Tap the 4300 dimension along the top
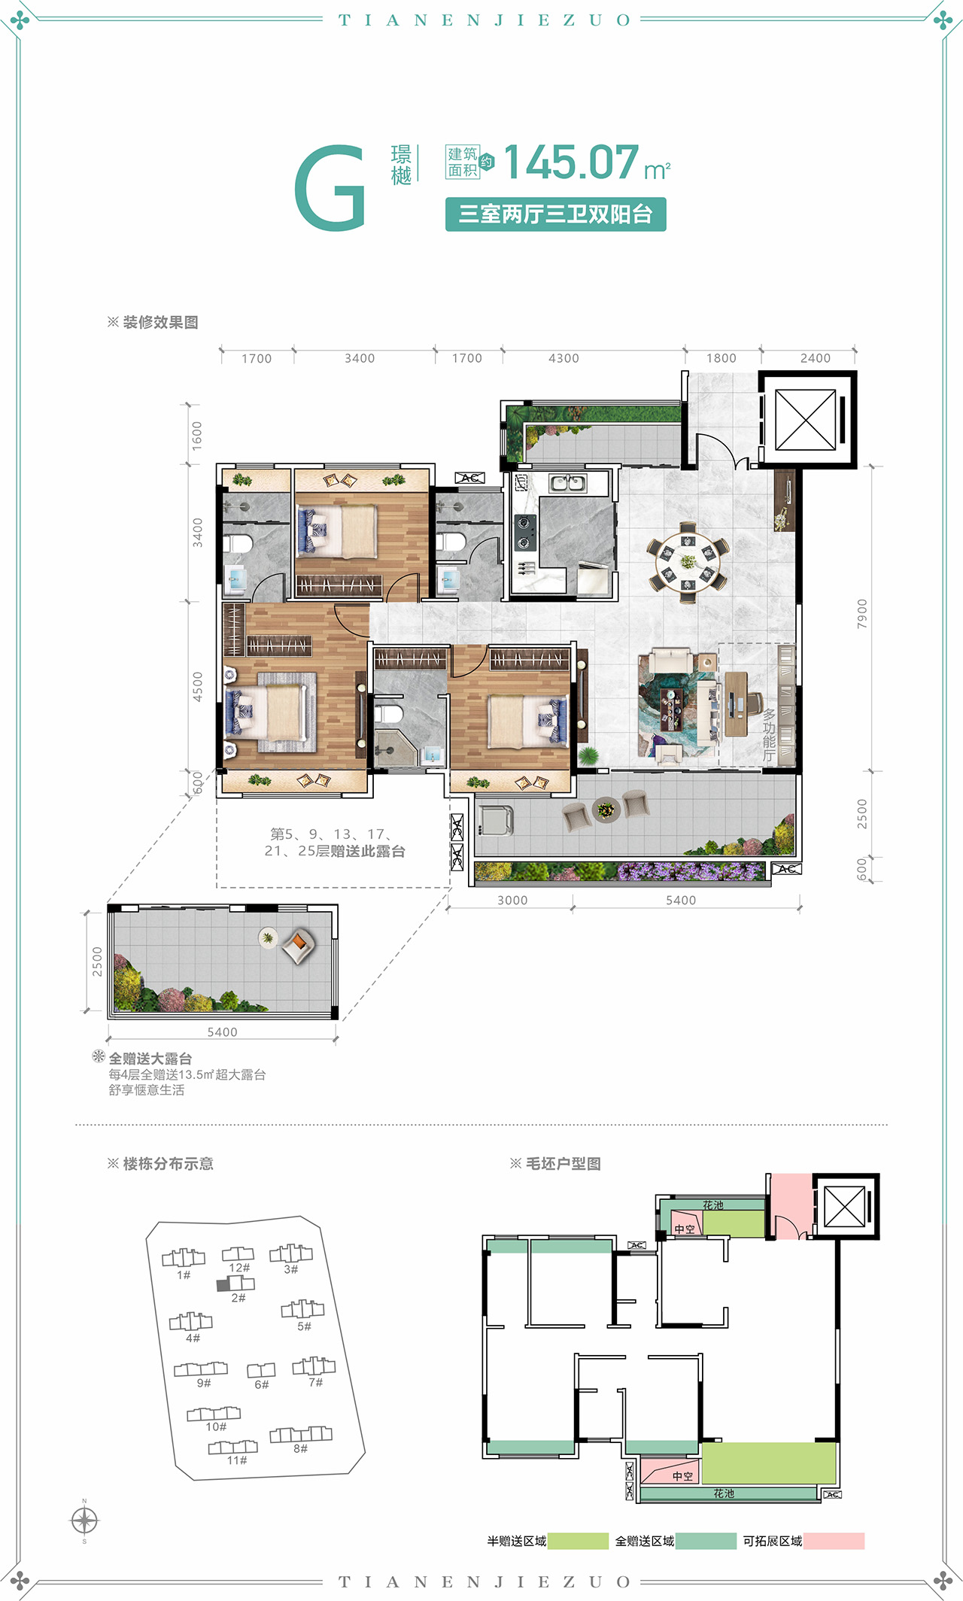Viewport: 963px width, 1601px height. coord(564,359)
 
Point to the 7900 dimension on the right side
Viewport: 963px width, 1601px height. coord(862,613)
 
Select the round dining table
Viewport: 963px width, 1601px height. coord(688,561)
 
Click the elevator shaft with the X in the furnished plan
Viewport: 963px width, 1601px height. coord(805,420)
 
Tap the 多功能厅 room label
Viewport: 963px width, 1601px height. coord(768,734)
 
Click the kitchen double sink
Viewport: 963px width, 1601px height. coord(567,483)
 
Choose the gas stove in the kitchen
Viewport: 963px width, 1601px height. coord(524,532)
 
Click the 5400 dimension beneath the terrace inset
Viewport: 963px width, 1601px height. coord(222,1032)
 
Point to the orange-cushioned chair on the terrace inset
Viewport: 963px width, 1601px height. coord(299,945)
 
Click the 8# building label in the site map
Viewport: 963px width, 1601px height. coord(300,1448)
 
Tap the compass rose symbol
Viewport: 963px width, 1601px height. coord(84,1520)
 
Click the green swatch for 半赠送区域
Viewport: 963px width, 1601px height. coord(578,1541)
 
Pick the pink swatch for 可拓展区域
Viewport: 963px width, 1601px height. coord(834,1541)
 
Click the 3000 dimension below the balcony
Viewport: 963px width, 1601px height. coord(512,901)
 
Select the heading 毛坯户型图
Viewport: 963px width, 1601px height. coord(563,1164)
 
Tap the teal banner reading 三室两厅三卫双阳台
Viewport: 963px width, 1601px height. coord(555,214)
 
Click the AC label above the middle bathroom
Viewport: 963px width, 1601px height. coord(469,478)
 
